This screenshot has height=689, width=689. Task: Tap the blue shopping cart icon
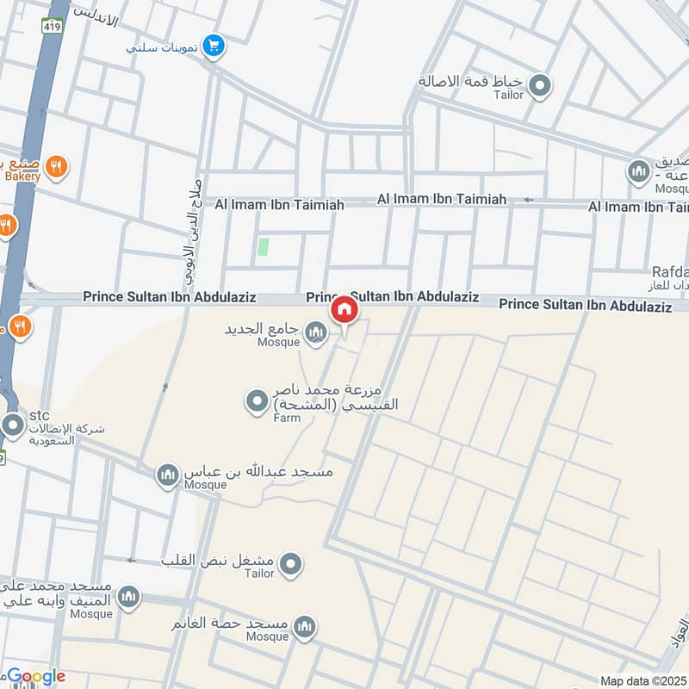(x=214, y=47)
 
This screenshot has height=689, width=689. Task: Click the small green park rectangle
(x=263, y=247)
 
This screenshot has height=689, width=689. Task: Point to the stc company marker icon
(x=13, y=425)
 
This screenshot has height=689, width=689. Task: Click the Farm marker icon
(x=256, y=401)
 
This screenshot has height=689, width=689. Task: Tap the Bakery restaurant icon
(x=57, y=166)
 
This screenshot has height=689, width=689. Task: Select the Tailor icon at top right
(x=540, y=84)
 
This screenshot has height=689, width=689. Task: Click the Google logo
(x=35, y=677)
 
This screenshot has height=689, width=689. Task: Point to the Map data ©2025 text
(x=642, y=680)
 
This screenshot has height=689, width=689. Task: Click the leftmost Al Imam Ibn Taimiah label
(x=279, y=205)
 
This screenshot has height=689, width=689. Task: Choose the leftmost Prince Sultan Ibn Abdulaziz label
(x=170, y=296)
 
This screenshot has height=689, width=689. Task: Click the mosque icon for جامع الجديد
(x=316, y=331)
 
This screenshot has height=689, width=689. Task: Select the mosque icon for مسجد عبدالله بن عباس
(x=168, y=474)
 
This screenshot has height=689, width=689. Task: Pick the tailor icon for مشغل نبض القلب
(x=292, y=564)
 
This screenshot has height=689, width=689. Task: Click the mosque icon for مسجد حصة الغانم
(x=304, y=627)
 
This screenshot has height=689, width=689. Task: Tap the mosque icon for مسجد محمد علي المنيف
(x=128, y=597)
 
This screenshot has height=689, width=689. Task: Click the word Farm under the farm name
(x=287, y=417)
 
